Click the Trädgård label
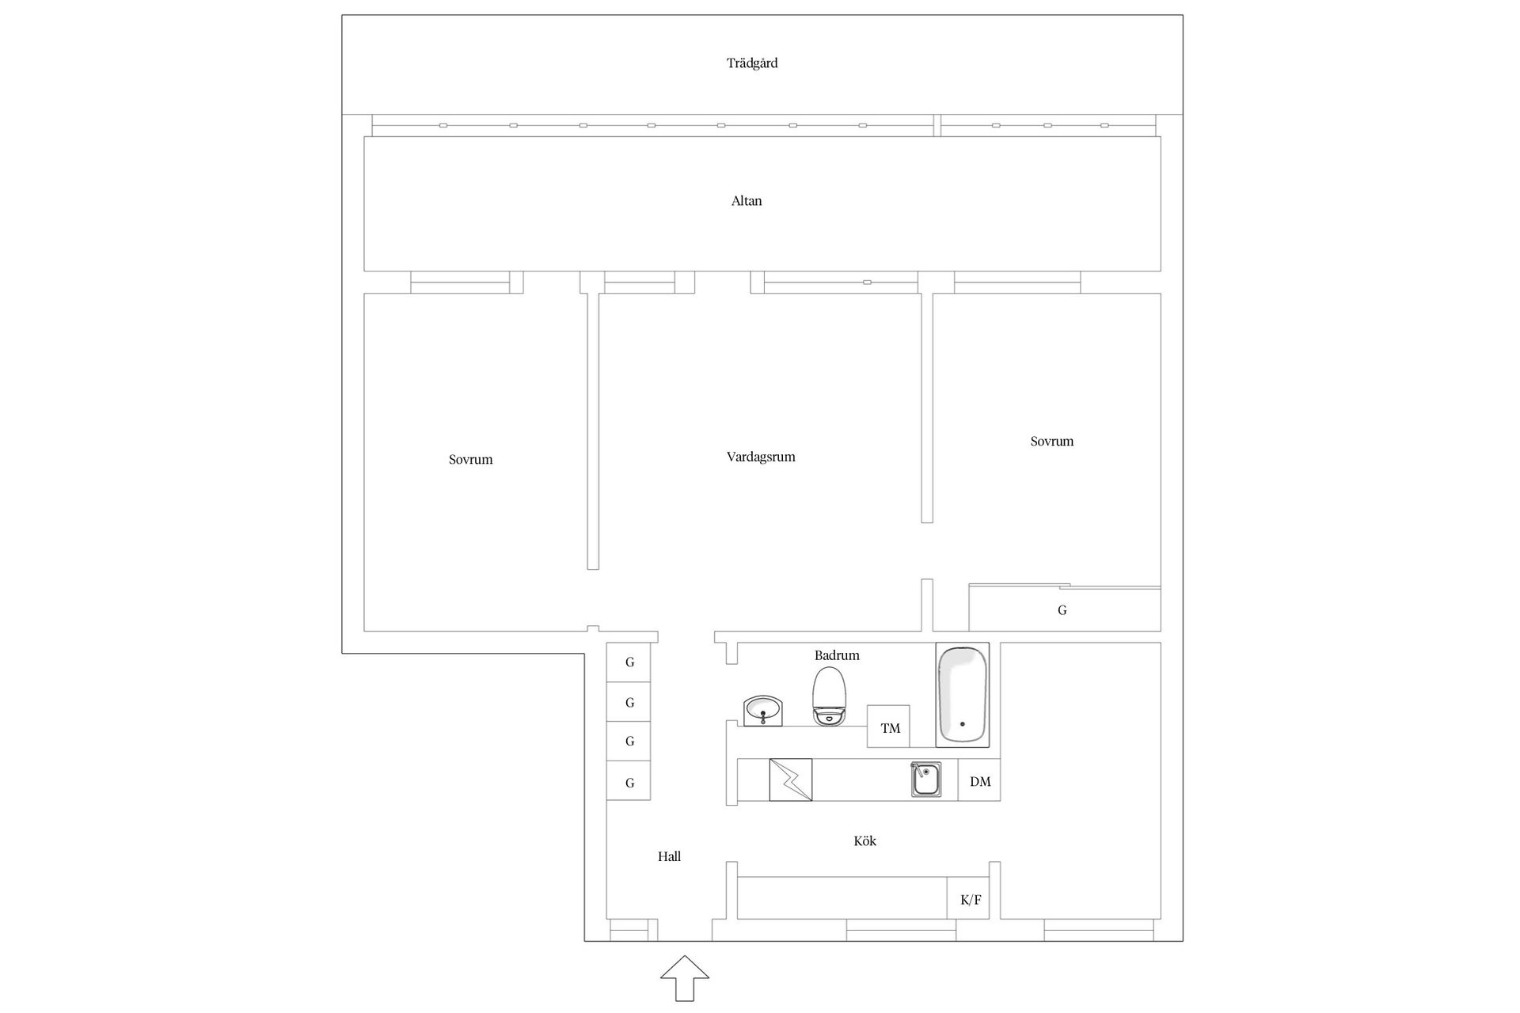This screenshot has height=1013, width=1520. tap(752, 63)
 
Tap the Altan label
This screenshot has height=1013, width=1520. tap(747, 201)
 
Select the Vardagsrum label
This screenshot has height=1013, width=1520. tap(761, 457)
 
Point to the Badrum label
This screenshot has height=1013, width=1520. tap(837, 655)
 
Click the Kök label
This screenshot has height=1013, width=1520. tap(864, 841)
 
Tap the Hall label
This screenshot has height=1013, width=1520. tap(669, 856)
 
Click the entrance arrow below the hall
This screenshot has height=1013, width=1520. tap(685, 978)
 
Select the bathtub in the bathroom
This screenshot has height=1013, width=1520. tap(963, 695)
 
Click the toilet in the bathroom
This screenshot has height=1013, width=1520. tap(830, 696)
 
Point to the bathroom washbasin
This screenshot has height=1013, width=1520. tap(763, 711)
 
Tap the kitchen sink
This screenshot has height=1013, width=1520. tap(925, 780)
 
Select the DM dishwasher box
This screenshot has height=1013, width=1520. tap(979, 780)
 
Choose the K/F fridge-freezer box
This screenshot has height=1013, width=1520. tap(969, 898)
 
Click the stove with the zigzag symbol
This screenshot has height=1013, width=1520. tap(791, 780)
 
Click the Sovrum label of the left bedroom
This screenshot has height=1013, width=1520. tap(470, 460)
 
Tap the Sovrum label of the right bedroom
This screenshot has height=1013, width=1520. tap(1051, 442)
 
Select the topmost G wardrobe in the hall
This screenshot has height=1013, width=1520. tap(629, 662)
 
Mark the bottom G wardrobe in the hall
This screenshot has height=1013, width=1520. tap(629, 782)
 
